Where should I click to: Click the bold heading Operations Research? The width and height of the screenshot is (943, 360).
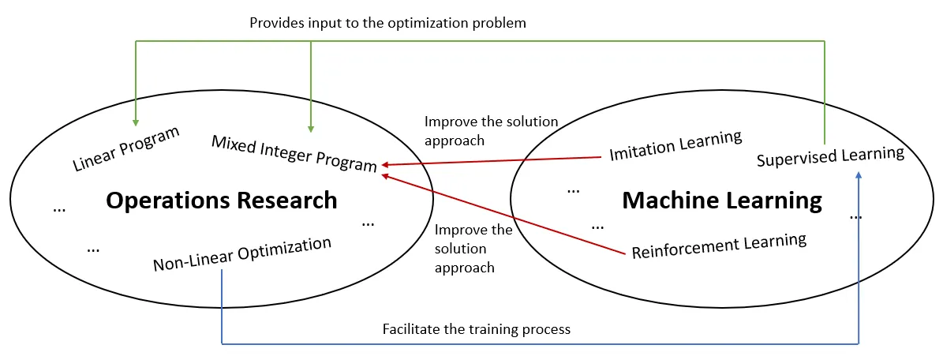tap(221, 201)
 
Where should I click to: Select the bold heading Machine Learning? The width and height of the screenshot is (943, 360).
tap(722, 201)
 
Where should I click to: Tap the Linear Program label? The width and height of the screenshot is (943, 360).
tap(126, 149)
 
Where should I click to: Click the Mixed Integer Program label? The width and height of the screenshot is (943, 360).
tap(294, 153)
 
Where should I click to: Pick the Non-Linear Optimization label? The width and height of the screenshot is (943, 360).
tap(242, 255)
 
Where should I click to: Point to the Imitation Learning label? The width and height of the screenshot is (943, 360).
tap(675, 146)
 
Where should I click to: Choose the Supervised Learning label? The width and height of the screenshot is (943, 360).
tap(830, 156)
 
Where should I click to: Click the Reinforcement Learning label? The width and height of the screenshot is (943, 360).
tap(719, 246)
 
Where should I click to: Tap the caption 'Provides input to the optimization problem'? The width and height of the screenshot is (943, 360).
tap(388, 24)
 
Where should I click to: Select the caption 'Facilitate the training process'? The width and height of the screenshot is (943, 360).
tap(477, 330)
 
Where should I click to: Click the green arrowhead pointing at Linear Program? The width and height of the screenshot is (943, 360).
tap(136, 123)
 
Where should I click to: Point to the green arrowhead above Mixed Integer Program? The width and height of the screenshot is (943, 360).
tap(310, 128)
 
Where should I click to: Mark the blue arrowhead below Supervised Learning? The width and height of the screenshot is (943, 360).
tap(859, 174)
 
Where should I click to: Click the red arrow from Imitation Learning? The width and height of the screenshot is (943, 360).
tap(491, 161)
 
